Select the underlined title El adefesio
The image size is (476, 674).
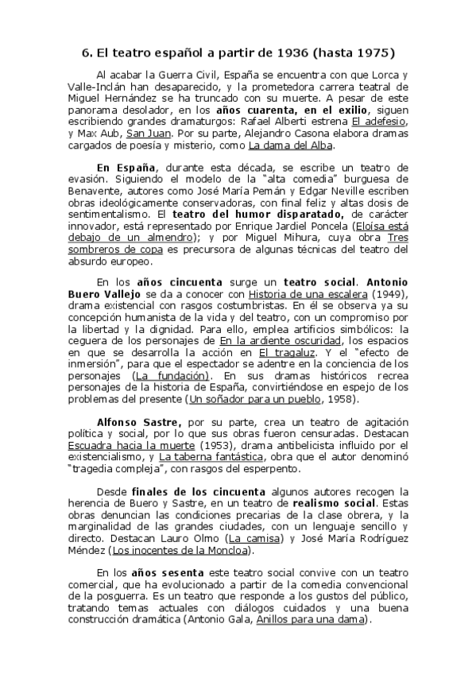click(x=379, y=121)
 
